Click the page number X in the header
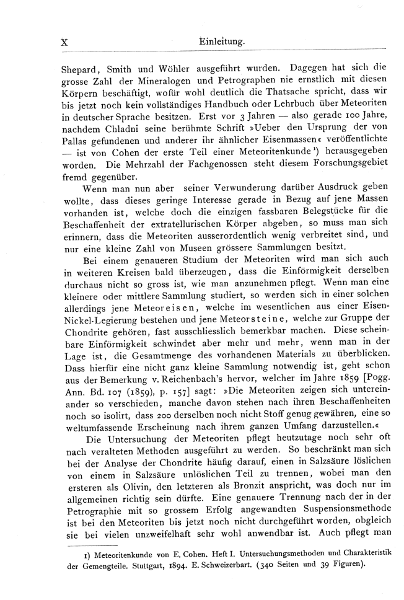pyautogui.click(x=63, y=42)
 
